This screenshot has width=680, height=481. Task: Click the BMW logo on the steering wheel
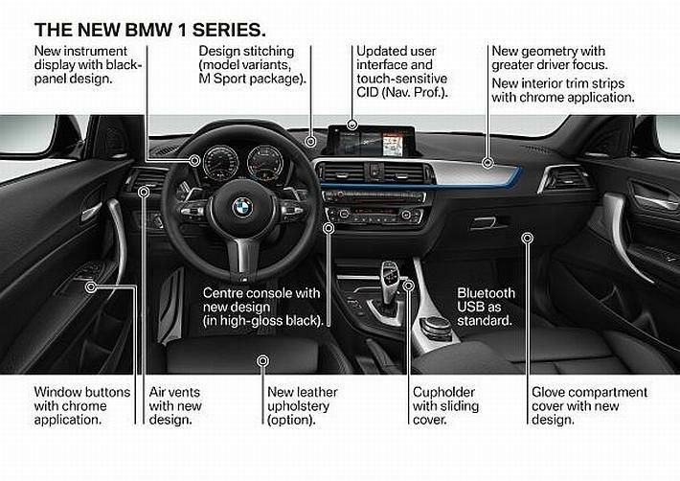242,207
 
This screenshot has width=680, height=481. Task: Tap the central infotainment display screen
371,142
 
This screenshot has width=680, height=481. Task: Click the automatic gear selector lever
389,281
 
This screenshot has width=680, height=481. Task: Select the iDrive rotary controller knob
436,325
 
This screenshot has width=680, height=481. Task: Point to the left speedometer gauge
220,163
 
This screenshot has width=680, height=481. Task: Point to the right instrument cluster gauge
265,163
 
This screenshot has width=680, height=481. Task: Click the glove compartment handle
487,223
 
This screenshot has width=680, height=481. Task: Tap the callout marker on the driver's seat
262,361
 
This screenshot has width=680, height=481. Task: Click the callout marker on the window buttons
91,286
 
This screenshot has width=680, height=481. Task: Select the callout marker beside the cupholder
409,286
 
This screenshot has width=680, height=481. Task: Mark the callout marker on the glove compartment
528,238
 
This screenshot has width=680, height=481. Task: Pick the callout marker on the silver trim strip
488,163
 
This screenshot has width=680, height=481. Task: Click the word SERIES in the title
229,30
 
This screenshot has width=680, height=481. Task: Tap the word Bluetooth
487,293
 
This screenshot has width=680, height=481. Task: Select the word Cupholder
443,392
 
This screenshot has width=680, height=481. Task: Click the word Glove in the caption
547,392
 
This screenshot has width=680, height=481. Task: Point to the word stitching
266,51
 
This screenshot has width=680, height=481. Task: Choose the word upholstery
299,406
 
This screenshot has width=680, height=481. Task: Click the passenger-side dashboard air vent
564,177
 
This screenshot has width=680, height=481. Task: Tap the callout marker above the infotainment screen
352,125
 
